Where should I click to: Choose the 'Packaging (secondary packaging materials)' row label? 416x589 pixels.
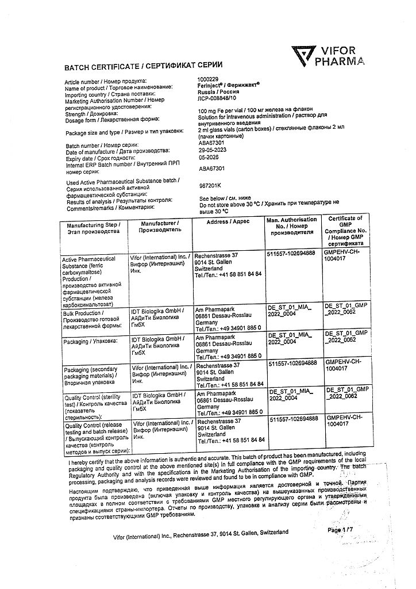92,375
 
